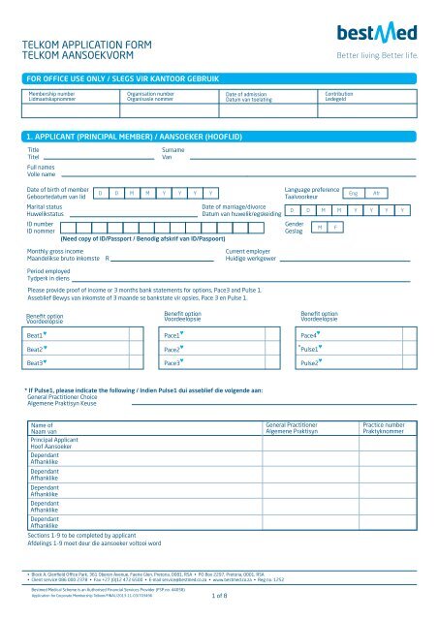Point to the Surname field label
tap(172, 152)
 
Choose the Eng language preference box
tap(352, 194)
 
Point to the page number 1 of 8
tap(219, 610)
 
